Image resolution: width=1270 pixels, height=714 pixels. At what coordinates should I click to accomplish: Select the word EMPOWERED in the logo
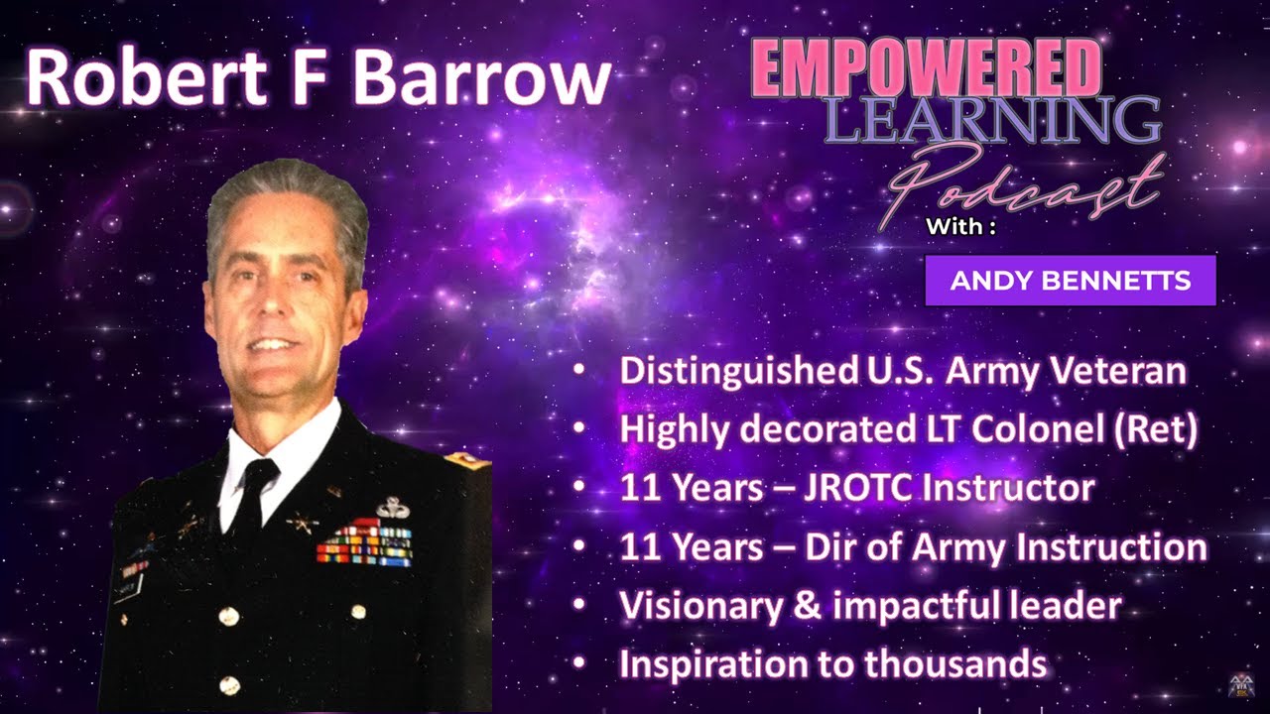point(926,69)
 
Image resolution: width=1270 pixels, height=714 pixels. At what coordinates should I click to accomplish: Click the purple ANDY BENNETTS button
point(1070,281)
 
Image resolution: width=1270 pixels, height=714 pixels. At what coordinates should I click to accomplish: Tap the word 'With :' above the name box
point(959,227)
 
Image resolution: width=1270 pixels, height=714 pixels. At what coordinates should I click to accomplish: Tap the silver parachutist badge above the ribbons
point(393,508)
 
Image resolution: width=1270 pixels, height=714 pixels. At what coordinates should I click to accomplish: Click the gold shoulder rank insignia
point(462,458)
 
